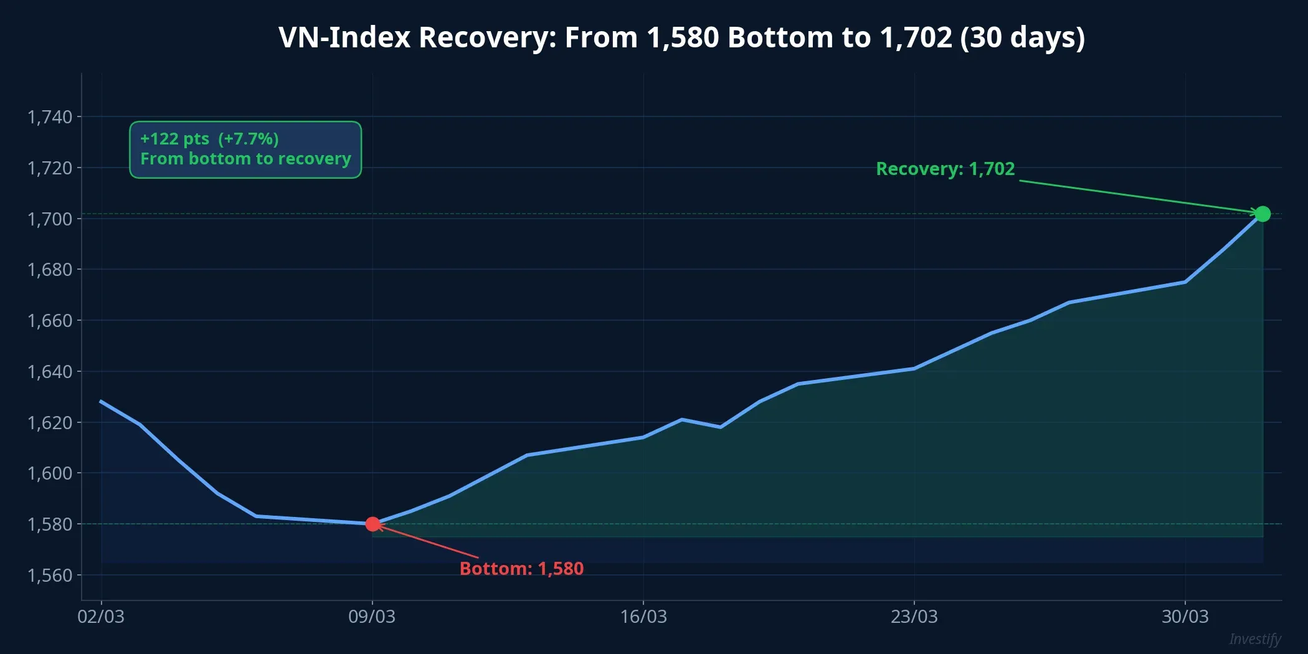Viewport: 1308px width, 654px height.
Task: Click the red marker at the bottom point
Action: [372, 524]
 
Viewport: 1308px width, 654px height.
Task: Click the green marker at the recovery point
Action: [1262, 214]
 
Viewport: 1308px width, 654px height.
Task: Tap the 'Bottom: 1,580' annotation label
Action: [521, 569]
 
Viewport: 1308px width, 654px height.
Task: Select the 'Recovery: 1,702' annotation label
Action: [945, 169]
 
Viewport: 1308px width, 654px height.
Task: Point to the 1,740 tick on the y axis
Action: [50, 116]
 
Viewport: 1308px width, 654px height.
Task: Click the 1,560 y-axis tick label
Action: [50, 575]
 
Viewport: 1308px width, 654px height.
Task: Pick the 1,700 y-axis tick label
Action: [50, 219]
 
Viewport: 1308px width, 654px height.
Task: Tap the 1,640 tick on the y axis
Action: [50, 371]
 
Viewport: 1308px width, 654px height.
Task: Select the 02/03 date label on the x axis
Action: [101, 617]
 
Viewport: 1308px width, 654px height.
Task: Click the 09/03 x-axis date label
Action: [372, 617]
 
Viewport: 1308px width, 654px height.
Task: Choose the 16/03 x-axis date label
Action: [643, 617]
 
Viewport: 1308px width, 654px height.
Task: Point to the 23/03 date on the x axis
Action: [914, 617]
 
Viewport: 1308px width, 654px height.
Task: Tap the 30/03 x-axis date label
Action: [1185, 617]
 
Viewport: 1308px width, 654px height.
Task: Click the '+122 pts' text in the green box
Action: [175, 139]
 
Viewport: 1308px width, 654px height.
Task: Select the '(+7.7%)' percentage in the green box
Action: [249, 139]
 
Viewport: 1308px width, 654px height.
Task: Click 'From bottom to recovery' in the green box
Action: [245, 159]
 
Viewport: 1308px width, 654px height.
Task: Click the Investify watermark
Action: [1254, 639]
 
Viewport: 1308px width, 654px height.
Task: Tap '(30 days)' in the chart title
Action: [1022, 37]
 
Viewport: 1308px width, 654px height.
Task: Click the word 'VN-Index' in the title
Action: [344, 37]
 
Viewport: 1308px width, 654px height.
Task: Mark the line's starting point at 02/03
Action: [102, 402]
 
